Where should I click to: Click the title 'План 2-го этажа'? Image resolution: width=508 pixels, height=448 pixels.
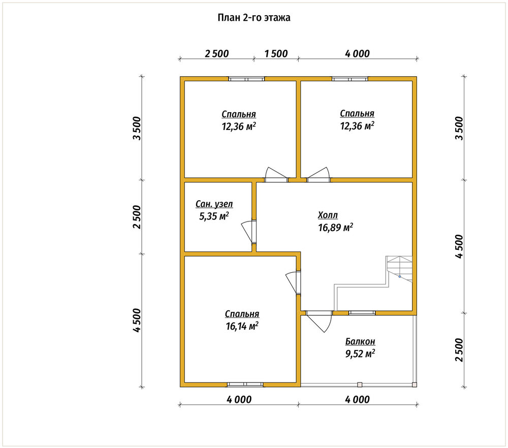[253, 17]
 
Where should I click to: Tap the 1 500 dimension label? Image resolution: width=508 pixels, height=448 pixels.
[276, 53]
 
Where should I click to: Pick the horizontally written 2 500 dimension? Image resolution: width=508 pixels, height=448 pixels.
[217, 53]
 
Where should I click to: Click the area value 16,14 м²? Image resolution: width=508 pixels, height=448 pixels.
[242, 326]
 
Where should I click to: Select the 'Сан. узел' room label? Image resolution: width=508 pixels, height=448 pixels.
[214, 204]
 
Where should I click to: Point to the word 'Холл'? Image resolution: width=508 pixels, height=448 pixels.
[328, 215]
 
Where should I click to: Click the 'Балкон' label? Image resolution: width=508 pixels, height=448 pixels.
[360, 341]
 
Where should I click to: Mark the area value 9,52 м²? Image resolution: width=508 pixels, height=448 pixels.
[360, 354]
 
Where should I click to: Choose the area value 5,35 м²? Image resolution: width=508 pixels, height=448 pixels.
[214, 216]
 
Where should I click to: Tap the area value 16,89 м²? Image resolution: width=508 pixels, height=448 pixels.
[335, 228]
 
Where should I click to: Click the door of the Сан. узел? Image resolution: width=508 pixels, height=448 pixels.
[249, 231]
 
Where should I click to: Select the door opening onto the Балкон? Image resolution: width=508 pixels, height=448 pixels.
[320, 322]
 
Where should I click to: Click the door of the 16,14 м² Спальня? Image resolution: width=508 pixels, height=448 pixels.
[293, 282]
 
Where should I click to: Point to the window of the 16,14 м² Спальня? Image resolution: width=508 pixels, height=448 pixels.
[245, 385]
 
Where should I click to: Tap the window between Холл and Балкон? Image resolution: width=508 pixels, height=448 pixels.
[362, 313]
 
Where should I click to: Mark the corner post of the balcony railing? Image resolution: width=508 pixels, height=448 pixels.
[415, 385]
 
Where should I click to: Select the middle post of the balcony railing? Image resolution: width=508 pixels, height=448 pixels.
[360, 385]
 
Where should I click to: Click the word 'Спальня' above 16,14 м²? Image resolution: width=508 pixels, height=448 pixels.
[242, 314]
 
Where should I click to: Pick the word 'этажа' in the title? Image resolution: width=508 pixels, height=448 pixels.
[277, 17]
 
